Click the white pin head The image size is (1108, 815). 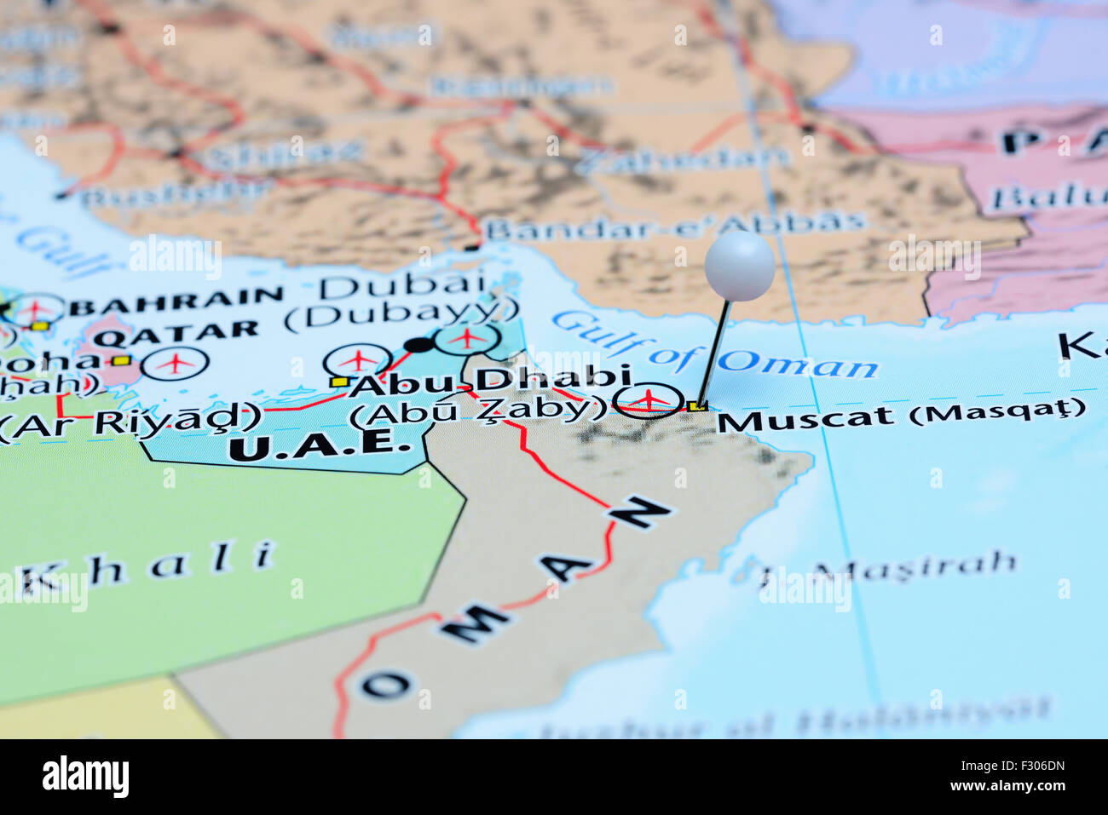[x=739, y=266]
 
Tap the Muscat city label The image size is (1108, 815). [x=806, y=418]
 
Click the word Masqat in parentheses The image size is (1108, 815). [x=998, y=411]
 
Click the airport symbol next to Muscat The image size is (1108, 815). [x=649, y=399]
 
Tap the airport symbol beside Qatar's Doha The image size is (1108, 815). [x=175, y=363]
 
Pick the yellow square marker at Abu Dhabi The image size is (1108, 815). [x=339, y=382]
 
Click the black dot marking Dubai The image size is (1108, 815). [x=418, y=345]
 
